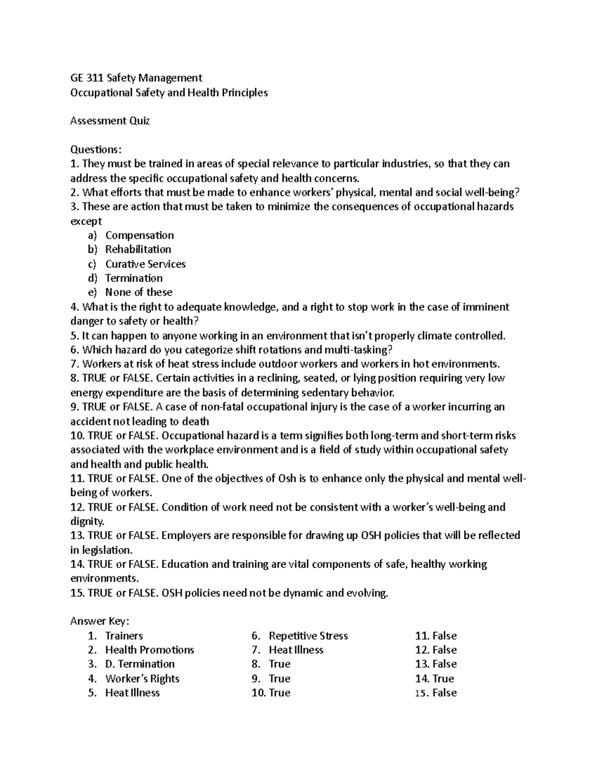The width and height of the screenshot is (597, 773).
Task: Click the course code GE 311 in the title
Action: click(86, 78)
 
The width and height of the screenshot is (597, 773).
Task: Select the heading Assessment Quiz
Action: click(110, 121)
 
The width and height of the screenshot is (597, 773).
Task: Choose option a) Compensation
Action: click(139, 235)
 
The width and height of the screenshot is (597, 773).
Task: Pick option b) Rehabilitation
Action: click(138, 249)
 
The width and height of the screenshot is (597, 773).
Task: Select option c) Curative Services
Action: click(145, 264)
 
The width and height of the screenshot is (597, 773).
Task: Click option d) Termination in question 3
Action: click(134, 278)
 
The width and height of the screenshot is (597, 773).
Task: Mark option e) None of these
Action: click(139, 292)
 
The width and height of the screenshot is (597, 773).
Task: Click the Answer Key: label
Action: click(100, 621)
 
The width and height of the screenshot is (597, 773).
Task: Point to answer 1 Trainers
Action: click(124, 636)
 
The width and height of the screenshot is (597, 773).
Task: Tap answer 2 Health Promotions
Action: click(149, 650)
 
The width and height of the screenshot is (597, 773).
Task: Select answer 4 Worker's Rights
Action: click(142, 678)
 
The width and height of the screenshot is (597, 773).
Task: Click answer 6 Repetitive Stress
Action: click(308, 636)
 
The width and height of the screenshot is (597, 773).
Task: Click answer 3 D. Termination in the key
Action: click(139, 664)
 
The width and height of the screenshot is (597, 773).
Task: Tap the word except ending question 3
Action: click(86, 221)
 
